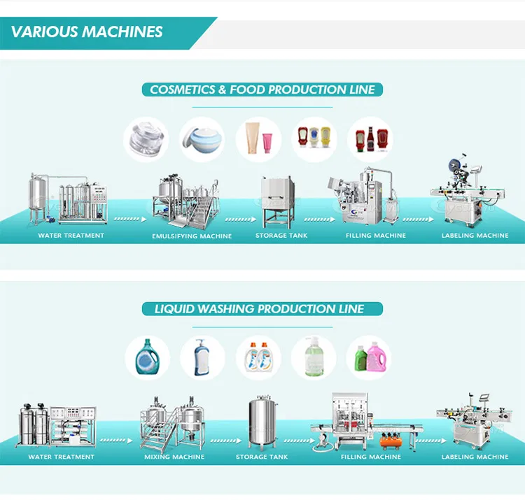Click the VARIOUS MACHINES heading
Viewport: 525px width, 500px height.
(87, 31)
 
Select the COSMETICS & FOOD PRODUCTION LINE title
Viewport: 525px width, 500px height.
(262, 90)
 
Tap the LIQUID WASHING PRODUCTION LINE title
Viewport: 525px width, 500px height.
(262, 308)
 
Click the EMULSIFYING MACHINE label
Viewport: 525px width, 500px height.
(192, 236)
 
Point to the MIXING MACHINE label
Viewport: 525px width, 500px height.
(174, 457)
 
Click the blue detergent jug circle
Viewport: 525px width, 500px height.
(148, 357)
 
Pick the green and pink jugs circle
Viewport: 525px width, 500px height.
(369, 357)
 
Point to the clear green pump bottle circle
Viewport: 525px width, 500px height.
(314, 357)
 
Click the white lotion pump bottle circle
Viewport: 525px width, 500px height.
(203, 357)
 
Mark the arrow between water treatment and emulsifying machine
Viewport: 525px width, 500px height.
(130, 219)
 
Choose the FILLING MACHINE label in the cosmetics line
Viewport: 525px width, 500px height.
(376, 236)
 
